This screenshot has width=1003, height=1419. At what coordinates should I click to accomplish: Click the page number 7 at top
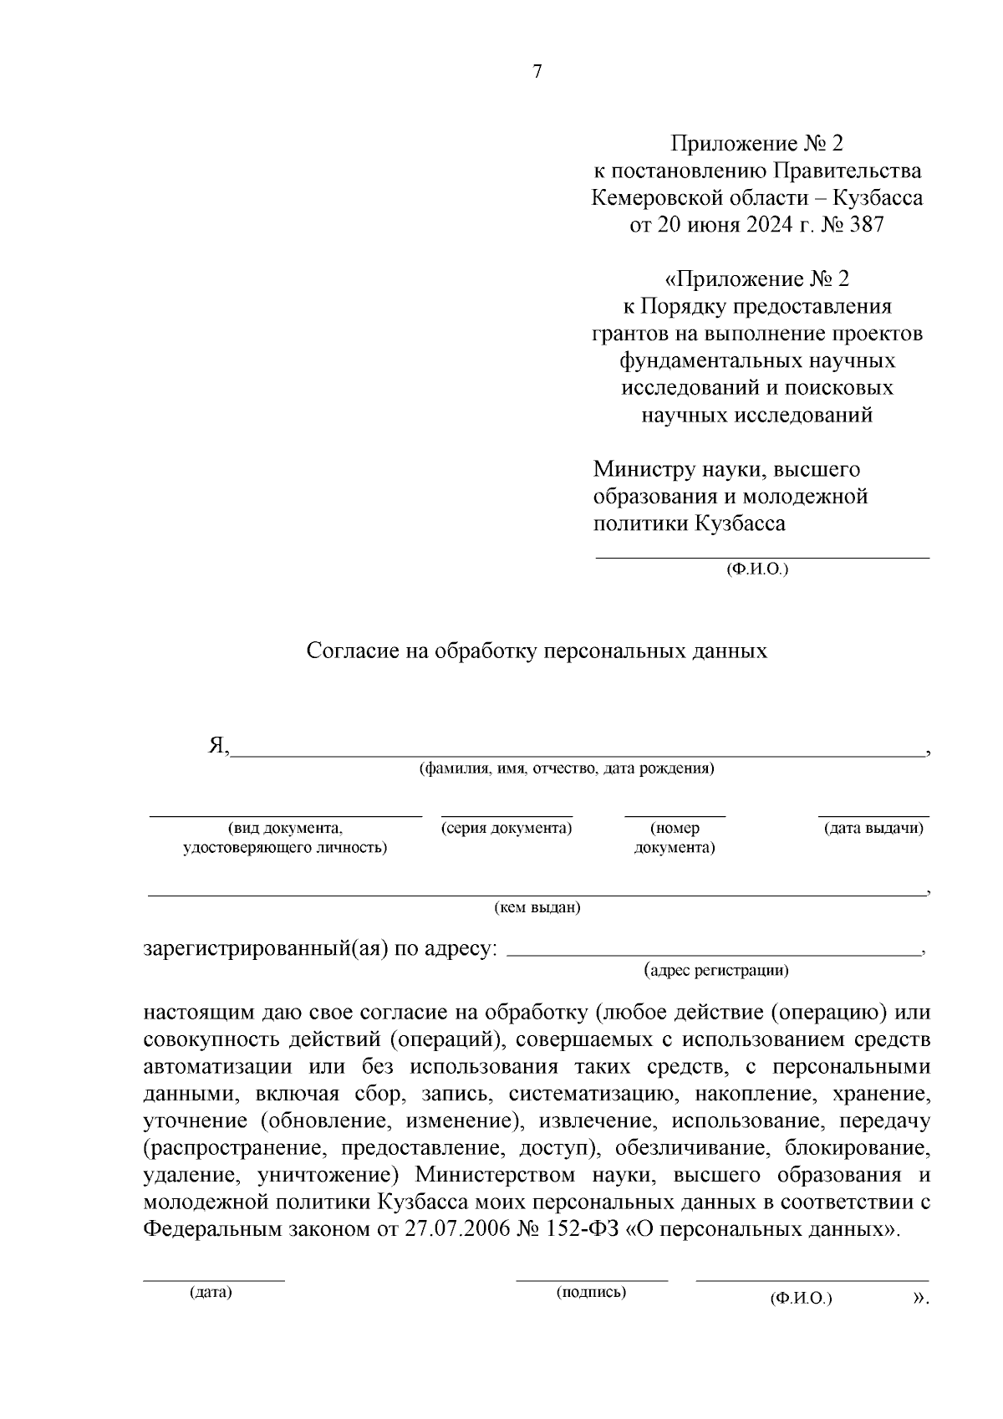(x=537, y=72)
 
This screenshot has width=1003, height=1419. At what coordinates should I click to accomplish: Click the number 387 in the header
(x=865, y=225)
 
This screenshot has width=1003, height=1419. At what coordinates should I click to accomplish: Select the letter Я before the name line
(x=216, y=746)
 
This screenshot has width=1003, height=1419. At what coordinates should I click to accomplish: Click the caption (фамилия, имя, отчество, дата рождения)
(x=566, y=768)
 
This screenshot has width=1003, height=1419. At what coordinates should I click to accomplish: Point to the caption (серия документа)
(x=507, y=829)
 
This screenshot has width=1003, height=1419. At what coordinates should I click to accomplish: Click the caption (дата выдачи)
(x=873, y=829)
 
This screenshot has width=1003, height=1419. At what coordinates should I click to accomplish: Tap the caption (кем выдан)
(x=537, y=908)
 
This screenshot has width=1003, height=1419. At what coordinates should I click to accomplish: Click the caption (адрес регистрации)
(x=716, y=970)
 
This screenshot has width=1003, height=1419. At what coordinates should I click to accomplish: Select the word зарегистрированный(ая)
(x=263, y=950)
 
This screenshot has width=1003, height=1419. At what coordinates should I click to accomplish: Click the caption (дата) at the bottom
(x=211, y=1293)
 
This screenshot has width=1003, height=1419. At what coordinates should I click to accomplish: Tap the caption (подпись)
(x=591, y=1293)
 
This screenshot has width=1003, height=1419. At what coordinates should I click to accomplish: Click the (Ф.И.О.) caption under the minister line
(x=757, y=569)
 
